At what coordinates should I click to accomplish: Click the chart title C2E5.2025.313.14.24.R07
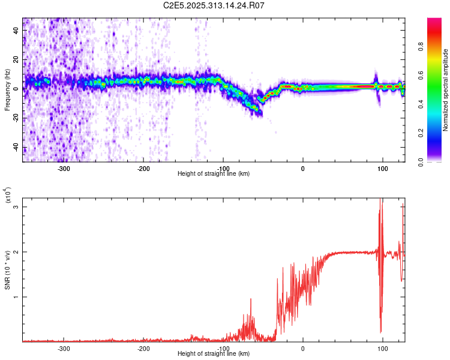214,6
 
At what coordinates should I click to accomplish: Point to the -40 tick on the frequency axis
16,148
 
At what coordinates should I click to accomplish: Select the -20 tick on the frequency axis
16,118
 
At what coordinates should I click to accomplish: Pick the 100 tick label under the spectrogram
382,168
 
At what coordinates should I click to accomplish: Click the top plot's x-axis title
214,174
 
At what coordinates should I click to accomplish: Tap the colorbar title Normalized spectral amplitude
446,90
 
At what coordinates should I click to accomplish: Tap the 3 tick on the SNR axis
16,207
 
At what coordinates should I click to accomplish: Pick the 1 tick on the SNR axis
16,297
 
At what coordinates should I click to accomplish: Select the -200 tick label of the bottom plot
143,348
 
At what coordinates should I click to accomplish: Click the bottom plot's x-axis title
214,354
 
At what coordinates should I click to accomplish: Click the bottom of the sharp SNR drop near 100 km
380,332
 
